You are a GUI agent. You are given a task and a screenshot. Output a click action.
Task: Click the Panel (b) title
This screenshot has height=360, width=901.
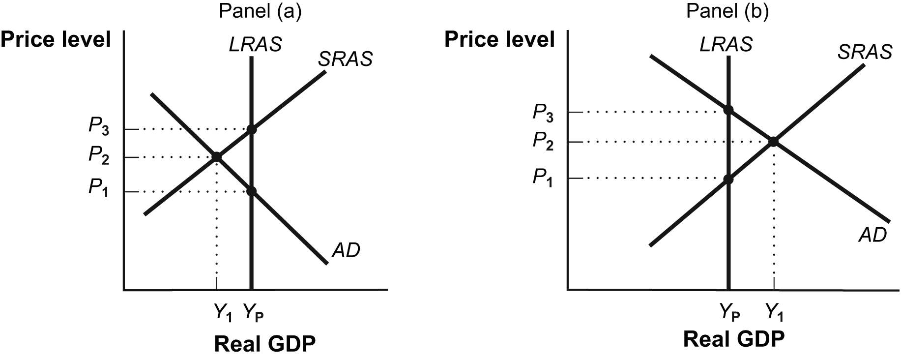727,11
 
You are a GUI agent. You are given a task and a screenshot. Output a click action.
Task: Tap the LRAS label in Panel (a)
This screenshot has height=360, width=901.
255,45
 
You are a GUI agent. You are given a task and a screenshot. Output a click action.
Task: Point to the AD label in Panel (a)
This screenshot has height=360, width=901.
346,251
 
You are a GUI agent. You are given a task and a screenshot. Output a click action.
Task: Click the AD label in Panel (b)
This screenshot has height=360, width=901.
872,235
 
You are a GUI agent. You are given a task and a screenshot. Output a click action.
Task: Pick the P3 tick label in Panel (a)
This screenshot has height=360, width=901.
99,127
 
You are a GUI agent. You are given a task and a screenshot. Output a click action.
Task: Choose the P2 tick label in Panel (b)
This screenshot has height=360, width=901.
543,142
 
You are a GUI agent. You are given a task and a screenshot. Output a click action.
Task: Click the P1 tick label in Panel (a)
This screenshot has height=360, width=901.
99,188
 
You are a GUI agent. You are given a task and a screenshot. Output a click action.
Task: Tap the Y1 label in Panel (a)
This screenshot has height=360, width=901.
223,312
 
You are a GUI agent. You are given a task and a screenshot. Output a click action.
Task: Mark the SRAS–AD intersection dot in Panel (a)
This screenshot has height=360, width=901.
216,157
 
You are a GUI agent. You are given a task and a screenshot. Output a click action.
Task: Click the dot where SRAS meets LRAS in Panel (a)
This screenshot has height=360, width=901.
252,129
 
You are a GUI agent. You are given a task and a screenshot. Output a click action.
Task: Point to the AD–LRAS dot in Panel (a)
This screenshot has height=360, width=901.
252,191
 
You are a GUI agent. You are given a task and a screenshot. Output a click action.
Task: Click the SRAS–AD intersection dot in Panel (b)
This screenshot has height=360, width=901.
773,142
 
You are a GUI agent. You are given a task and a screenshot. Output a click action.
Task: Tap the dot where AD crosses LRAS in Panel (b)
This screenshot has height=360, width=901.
728,109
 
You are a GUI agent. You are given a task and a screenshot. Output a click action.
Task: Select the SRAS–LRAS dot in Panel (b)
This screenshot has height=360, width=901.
728,180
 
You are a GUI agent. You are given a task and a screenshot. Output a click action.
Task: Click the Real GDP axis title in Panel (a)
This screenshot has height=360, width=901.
264,344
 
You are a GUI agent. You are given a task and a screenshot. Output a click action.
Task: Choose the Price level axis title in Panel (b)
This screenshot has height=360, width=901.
499,39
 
